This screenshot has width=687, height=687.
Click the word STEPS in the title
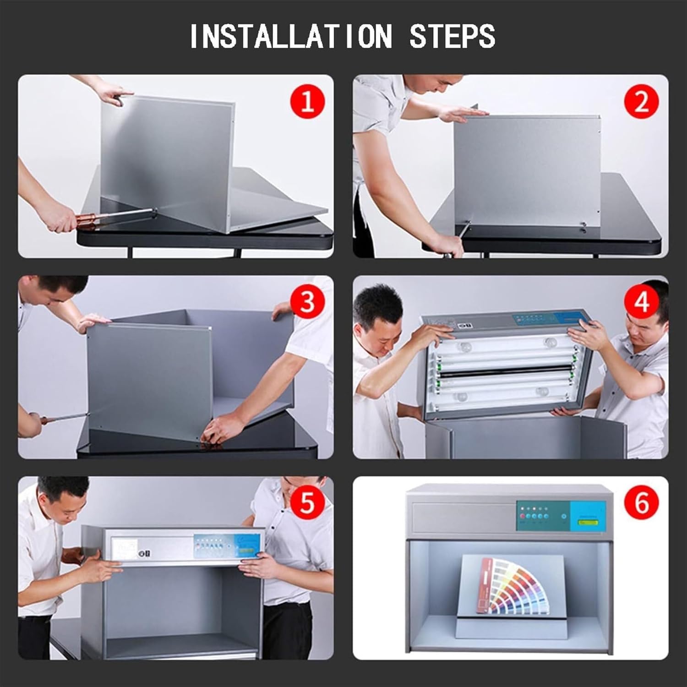(452, 36)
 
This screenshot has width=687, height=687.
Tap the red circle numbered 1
(307, 101)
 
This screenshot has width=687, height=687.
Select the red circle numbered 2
(641, 101)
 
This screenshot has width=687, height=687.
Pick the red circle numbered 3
(307, 302)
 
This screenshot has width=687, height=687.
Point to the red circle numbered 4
(641, 302)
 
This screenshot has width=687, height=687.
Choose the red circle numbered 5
(307, 502)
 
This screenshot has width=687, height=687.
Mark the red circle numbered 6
(641, 502)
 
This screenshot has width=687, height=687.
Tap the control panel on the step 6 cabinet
(561, 516)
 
